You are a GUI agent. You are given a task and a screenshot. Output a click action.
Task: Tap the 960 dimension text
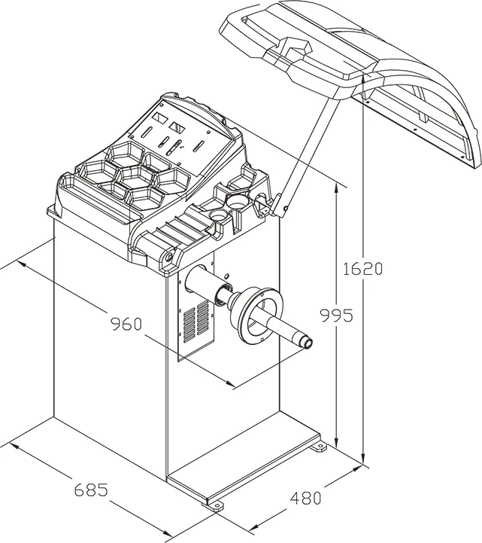tap(126, 325)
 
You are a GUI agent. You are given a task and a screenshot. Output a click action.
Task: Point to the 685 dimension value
tap(90, 490)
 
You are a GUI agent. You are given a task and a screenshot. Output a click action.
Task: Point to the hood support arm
tap(308, 151)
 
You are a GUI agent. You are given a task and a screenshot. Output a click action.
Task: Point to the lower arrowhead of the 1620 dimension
tap(364, 459)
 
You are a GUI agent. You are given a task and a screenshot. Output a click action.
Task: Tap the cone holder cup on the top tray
tap(235, 202)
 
